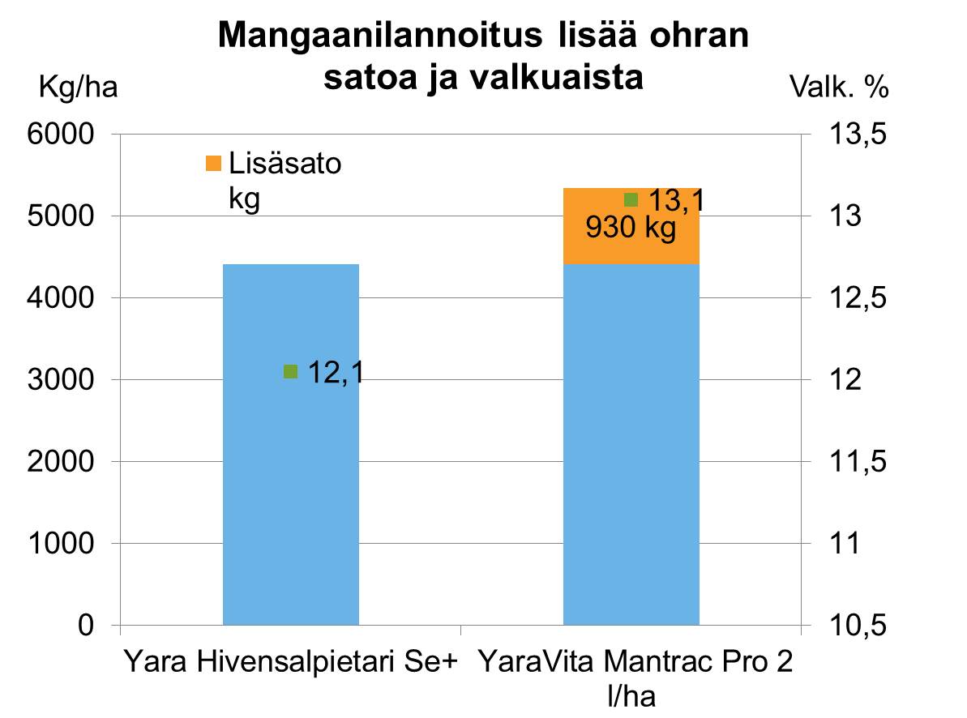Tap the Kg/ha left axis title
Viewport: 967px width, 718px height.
[79, 88]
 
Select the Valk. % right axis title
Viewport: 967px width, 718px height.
[839, 88]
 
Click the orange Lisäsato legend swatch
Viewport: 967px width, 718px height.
[214, 164]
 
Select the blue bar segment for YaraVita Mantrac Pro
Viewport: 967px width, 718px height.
[631, 446]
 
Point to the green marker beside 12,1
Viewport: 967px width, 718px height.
[291, 371]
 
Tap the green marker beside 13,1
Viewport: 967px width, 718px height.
[631, 199]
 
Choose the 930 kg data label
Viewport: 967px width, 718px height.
[631, 229]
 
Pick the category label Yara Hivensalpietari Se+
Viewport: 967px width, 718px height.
[290, 662]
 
